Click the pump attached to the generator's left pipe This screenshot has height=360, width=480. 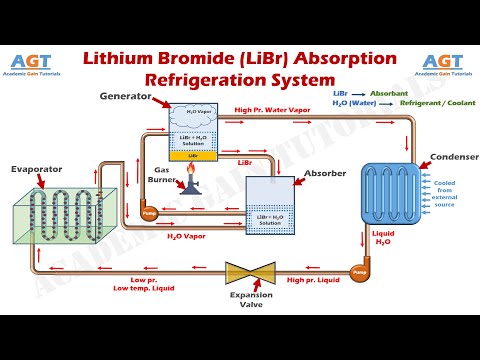tap(150, 211)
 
